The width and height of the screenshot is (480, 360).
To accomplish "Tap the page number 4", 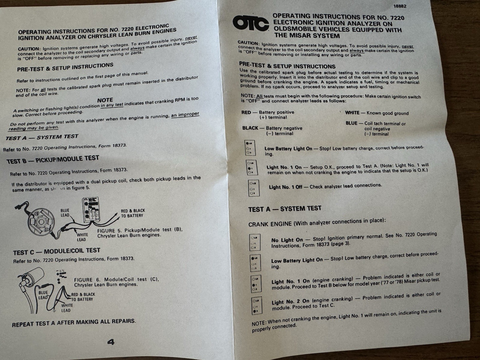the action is (x=111, y=342).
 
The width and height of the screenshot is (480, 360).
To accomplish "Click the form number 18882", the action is (x=400, y=6).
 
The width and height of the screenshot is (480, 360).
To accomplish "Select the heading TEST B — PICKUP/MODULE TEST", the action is (x=53, y=159).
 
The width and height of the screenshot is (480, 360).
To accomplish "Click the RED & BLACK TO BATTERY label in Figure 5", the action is (x=133, y=213).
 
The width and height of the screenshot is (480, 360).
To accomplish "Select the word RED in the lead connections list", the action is (x=246, y=112).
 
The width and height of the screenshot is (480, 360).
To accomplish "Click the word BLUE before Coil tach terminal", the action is (x=351, y=123).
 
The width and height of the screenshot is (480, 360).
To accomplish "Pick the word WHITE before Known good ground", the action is (x=352, y=113).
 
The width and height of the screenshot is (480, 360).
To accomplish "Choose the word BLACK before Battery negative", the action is (x=250, y=128).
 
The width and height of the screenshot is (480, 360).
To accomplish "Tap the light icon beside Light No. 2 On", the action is (x=257, y=306).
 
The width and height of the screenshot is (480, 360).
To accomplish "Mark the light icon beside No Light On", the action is (x=255, y=242).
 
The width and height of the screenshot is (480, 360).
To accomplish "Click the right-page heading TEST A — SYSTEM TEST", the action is (x=285, y=209).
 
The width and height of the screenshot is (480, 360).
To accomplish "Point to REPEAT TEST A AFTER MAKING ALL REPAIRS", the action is (x=74, y=322).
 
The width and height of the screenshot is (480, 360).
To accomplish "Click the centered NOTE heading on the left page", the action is (x=105, y=100).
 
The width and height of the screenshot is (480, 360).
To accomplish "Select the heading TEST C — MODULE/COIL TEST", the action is (x=56, y=251).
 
